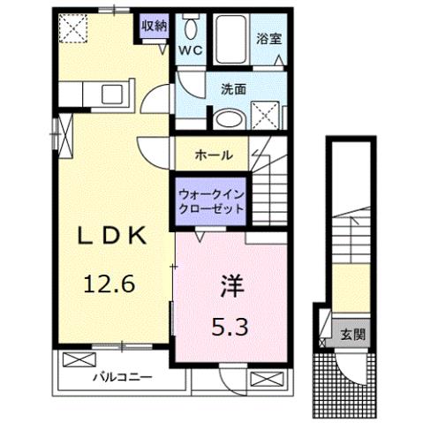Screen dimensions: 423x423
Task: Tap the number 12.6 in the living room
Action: (x=109, y=284)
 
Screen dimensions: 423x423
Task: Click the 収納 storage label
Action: (x=154, y=26)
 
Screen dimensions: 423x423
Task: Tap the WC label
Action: (x=192, y=50)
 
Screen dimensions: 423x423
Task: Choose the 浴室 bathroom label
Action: (x=268, y=40)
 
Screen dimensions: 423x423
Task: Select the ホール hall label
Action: (x=214, y=155)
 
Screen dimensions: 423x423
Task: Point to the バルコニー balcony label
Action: (x=123, y=377)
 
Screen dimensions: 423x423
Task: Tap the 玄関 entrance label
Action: (x=354, y=335)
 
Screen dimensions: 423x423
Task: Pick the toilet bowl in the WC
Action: (x=191, y=28)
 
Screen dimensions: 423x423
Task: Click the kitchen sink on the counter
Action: (x=112, y=94)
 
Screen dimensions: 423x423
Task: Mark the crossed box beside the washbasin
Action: (x=265, y=116)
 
